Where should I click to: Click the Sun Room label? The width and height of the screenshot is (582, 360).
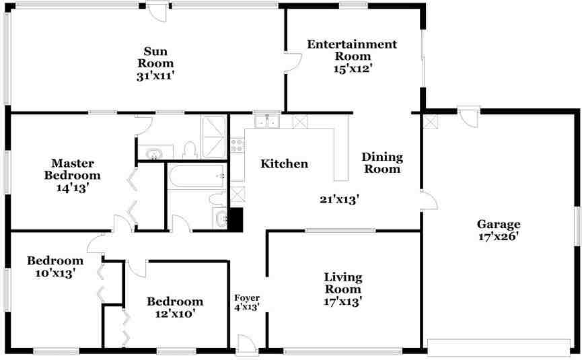coord(155,57)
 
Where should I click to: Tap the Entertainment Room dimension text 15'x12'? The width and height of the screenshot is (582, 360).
coord(353,69)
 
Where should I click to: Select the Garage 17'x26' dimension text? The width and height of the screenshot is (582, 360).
coord(499,236)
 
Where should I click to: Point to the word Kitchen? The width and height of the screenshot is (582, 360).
coord(285,164)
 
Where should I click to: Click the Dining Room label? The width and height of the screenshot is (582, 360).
coord(382,163)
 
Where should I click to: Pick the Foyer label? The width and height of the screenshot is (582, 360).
coord(247,297)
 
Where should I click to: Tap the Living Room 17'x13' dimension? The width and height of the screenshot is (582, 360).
coord(343,301)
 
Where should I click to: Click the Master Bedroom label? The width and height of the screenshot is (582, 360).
coord(73,169)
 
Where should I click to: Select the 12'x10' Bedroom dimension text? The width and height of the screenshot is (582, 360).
coord(175,314)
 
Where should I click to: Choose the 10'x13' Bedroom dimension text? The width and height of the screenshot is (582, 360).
coord(55,273)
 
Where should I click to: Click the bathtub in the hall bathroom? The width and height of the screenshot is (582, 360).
coord(197,176)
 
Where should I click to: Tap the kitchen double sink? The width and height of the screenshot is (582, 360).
coord(267,121)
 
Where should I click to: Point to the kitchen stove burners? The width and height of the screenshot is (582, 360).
coord(238,145)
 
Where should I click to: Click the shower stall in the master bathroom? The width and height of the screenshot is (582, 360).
coord(213,137)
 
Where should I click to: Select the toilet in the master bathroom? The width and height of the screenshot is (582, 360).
coord(190,150)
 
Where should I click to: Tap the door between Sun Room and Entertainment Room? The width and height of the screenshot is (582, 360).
coord(293,63)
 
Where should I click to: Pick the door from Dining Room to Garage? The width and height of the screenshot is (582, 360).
coord(429,201)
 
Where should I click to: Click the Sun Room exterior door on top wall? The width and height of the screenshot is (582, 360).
coord(157,12)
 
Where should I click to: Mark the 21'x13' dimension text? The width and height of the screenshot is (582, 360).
coord(339,200)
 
